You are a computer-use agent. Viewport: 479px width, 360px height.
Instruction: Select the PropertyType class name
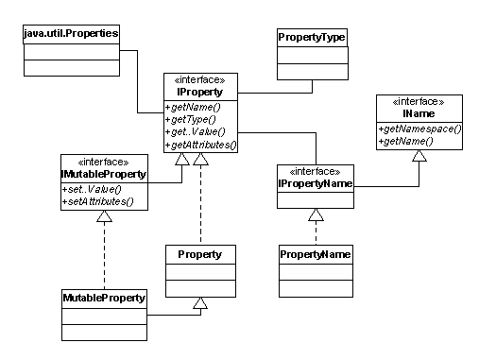pyautogui.click(x=311, y=37)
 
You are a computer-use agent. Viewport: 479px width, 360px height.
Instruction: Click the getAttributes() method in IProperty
pyautogui.click(x=200, y=146)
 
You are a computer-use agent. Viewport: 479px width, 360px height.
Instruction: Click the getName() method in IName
pyautogui.click(x=407, y=141)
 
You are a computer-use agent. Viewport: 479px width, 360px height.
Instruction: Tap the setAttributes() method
pyautogui.click(x=96, y=200)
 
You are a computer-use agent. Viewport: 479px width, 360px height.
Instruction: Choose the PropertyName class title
pyautogui.click(x=315, y=255)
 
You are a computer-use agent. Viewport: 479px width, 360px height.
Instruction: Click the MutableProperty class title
pyautogui.click(x=104, y=299)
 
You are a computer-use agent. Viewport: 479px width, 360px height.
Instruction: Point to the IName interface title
pyautogui.click(x=418, y=112)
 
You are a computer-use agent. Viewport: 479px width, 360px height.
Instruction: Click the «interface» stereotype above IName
pyautogui.click(x=418, y=99)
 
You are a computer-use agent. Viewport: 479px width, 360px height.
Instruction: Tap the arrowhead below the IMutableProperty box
pyautogui.click(x=104, y=215)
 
